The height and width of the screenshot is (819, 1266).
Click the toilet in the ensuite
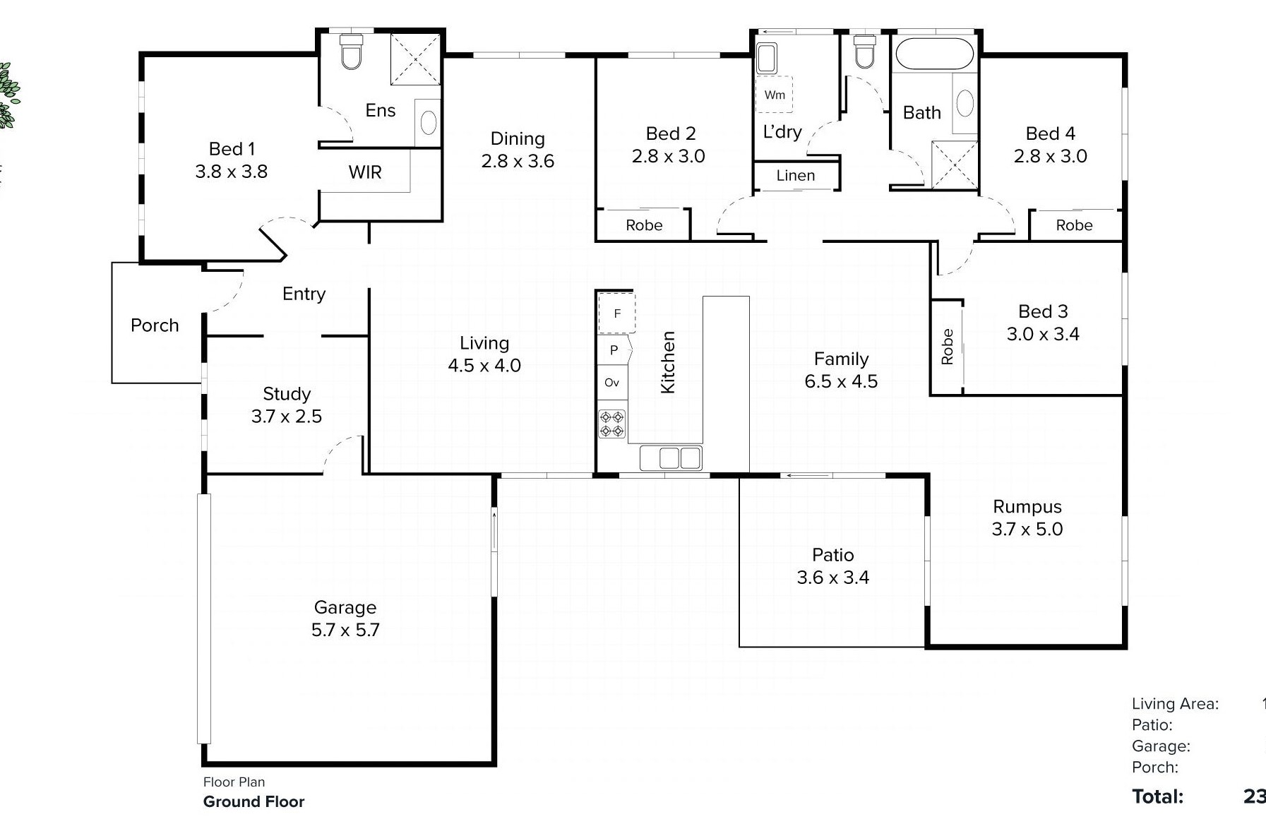click(x=351, y=52)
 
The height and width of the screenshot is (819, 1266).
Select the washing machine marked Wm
click(x=775, y=95)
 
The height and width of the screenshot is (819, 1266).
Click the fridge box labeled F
click(x=616, y=313)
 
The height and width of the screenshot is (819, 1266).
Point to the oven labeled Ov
click(x=611, y=383)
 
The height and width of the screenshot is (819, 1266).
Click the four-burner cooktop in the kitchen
click(x=611, y=424)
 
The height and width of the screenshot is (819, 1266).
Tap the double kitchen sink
click(x=671, y=458)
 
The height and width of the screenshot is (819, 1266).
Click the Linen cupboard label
click(x=795, y=175)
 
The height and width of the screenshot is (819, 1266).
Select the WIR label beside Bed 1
click(x=364, y=172)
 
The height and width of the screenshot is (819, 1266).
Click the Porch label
click(x=155, y=325)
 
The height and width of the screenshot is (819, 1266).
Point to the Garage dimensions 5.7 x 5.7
click(x=345, y=630)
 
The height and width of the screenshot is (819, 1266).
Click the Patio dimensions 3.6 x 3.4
click(x=832, y=578)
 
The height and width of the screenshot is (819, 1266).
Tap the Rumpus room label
click(x=1027, y=507)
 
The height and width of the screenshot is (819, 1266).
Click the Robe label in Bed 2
click(x=643, y=225)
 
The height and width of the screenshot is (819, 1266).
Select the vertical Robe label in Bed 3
click(x=947, y=347)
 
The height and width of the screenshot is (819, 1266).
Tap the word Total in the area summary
click(x=1157, y=796)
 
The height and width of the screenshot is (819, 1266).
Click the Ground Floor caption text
click(x=253, y=801)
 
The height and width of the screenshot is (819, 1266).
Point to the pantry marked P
click(x=614, y=350)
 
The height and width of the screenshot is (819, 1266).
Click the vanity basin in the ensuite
click(x=428, y=123)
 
